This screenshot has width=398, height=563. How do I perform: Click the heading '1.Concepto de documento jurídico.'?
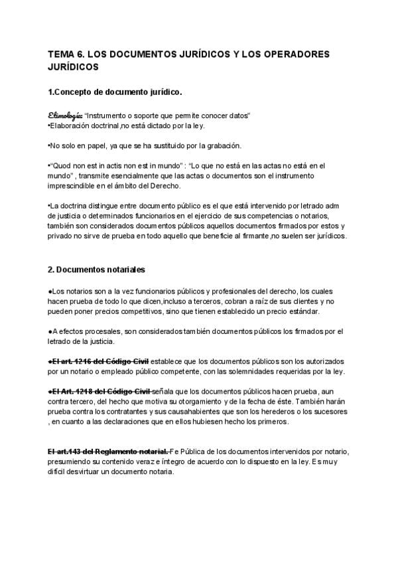(115, 91)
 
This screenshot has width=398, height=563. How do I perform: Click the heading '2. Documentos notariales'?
(96, 270)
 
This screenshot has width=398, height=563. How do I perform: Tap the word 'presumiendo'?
(74, 461)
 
